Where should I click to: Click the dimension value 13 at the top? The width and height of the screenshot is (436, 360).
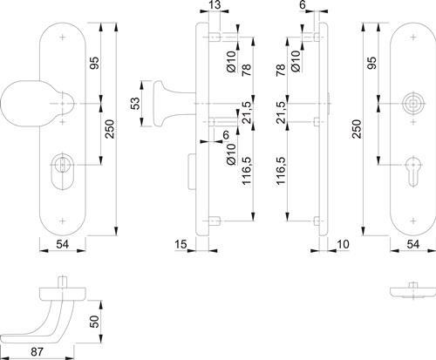click(215, 5)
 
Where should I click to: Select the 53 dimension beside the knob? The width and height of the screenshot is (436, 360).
click(135, 104)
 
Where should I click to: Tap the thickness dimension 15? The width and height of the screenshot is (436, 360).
click(181, 244)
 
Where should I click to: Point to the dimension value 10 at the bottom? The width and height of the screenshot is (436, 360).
click(343, 244)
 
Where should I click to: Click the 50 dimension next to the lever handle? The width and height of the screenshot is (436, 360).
click(94, 322)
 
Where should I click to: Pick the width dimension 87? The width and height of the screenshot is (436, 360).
click(37, 352)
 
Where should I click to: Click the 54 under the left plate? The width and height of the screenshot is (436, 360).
click(63, 244)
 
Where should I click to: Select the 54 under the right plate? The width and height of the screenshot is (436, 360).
click(413, 244)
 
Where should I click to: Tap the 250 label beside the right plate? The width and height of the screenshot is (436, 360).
click(357, 129)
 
